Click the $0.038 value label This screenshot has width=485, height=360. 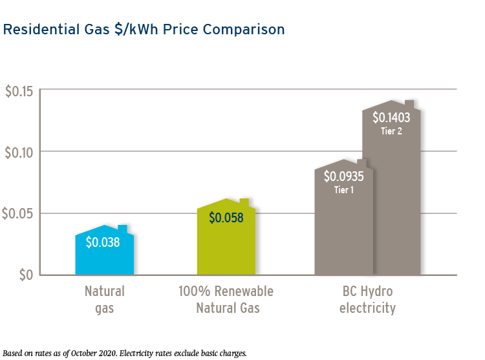[104, 242]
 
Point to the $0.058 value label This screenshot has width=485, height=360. [226, 218]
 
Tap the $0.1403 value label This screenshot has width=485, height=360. [391, 118]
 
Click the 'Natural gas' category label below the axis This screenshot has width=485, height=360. [104, 299]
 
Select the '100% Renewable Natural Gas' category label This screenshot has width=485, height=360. [226, 299]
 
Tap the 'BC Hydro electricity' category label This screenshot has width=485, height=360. [367, 299]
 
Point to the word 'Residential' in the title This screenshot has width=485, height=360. [36, 30]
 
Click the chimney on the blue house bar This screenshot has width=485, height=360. [123, 229]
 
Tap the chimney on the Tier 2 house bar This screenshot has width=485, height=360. [409, 104]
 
